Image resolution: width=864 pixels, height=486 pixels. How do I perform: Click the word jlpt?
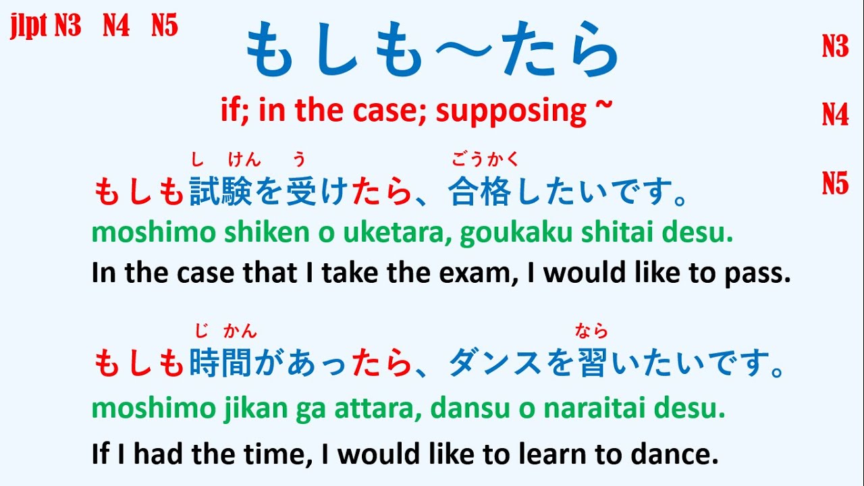coord(29,27)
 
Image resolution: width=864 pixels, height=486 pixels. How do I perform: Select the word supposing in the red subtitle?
coord(511,110)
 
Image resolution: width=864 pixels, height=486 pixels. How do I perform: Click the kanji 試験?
coord(221,192)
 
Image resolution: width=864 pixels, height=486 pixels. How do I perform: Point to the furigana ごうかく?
coord(485,160)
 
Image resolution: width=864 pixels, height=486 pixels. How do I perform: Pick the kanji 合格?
coord(480,192)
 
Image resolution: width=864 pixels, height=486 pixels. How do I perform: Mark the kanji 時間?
coord(221,364)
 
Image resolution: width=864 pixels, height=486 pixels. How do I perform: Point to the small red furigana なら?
coord(592,331)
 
